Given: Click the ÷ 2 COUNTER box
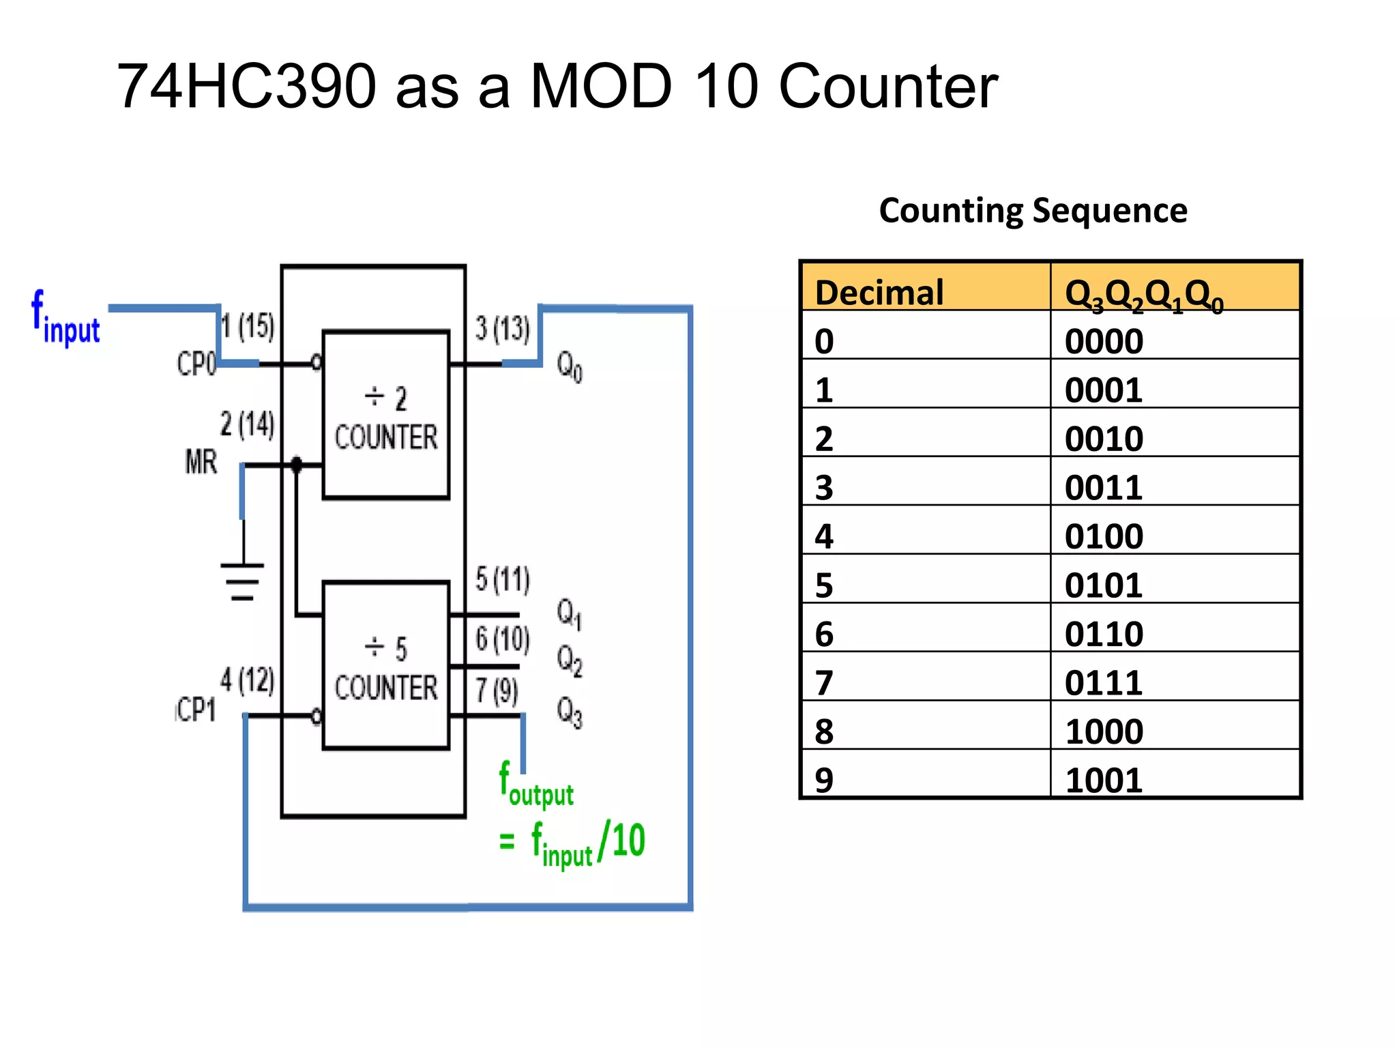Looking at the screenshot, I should point(385,415).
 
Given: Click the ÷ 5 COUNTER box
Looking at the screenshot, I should point(385,665).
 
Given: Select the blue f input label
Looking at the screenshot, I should point(66,319).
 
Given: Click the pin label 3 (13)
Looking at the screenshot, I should point(502,329).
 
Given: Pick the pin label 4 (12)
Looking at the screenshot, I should point(247,680).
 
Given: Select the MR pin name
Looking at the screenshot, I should point(201,462).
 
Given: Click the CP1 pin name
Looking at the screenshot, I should point(196,710).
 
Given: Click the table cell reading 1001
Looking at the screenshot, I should point(1103,780).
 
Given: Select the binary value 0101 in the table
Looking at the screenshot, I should point(1103,585).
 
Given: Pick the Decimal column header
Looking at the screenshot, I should point(879,292).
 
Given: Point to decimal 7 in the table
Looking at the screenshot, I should point(824,682).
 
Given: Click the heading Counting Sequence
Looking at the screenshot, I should point(1033,210).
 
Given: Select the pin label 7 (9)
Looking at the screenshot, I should point(497,690).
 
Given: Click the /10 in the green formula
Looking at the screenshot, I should point(621,841).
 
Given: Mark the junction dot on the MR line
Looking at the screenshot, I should point(296,465).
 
